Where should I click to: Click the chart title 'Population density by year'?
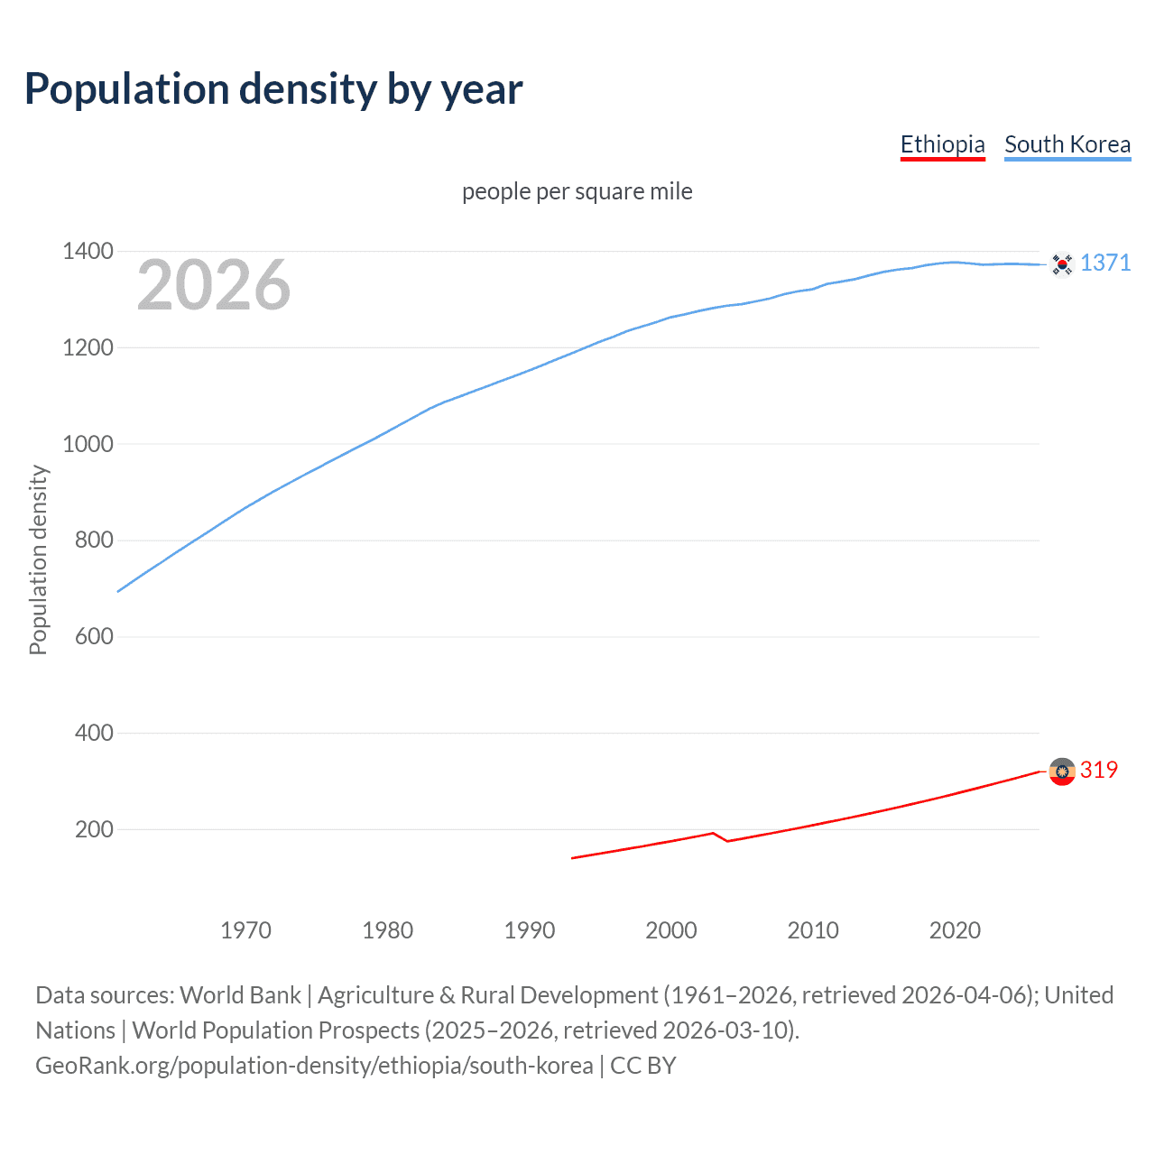pos(273,89)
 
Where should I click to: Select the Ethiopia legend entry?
pos(942,144)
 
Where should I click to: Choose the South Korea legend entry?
pos(1067,144)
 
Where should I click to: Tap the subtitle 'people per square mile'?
pos(577,191)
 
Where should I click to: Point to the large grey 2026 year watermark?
pos(214,285)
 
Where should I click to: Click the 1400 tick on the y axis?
pos(88,251)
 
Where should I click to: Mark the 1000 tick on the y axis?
pos(88,444)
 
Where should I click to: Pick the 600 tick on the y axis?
pos(94,636)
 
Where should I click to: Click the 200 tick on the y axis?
pos(94,829)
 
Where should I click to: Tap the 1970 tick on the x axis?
pos(245,930)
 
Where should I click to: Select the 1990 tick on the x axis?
pos(530,930)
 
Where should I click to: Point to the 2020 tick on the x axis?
pos(955,930)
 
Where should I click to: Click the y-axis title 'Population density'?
pos(38,559)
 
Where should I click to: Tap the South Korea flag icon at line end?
pos(1062,263)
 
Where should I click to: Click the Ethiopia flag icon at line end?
pos(1062,772)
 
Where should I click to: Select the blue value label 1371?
pos(1105,263)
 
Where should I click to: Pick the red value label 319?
pos(1099,770)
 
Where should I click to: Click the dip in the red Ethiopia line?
pos(726,840)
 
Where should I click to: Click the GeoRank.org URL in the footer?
pos(314,1066)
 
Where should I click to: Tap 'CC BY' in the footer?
pos(643,1066)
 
